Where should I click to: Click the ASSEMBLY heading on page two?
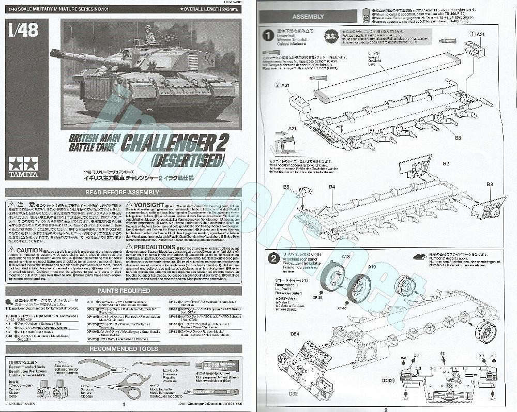(308, 17)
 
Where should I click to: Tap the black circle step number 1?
(268, 36)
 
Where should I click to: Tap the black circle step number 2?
(271, 258)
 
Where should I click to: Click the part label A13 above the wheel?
(346, 256)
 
